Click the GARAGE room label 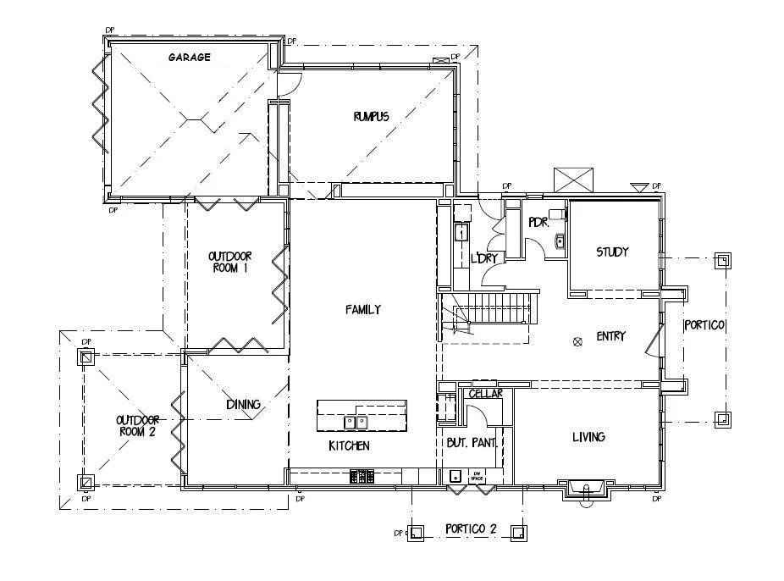click(189, 58)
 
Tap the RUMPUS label click(371, 117)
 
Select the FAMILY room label click(362, 310)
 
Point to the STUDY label click(612, 252)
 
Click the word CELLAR click(485, 394)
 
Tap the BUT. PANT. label click(470, 442)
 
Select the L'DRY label click(483, 258)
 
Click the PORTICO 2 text click(471, 529)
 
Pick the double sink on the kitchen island click(355, 422)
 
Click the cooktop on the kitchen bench click(362, 477)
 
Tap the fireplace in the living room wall click(585, 489)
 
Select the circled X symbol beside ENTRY click(578, 342)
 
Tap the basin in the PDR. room click(560, 243)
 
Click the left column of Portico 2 click(415, 533)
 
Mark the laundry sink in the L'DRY click(462, 231)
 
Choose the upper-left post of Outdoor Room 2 click(86, 357)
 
